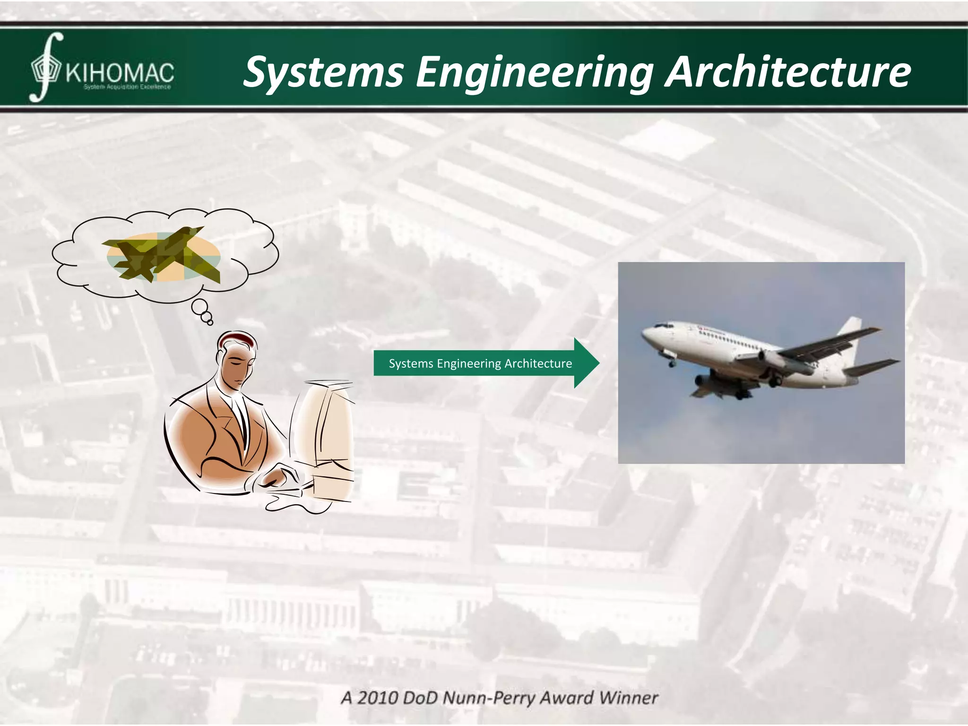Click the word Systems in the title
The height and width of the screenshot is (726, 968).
[x=323, y=72]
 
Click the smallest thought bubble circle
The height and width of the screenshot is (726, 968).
[x=210, y=323]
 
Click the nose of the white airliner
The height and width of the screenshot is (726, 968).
[x=644, y=333]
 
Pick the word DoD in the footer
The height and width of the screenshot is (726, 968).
[x=421, y=698]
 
